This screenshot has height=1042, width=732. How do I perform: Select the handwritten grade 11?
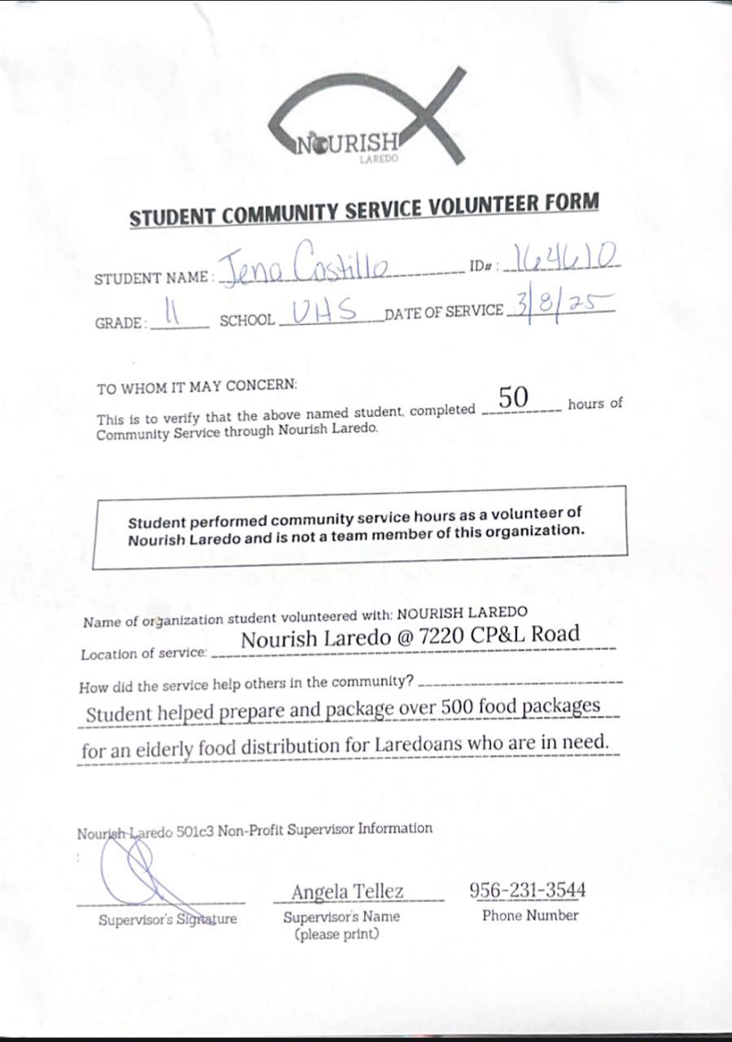(172, 313)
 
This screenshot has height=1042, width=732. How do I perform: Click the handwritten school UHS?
(325, 310)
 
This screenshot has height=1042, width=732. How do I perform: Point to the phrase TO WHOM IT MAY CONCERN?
(197, 386)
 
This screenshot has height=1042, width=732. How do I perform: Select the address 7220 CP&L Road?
(499, 634)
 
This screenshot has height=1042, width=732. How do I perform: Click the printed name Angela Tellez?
(347, 891)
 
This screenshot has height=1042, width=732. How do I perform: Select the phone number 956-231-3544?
(528, 890)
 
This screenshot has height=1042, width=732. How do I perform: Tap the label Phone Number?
(530, 916)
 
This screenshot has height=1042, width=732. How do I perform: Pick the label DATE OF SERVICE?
(444, 312)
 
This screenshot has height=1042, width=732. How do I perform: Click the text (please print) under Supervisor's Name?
(337, 935)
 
